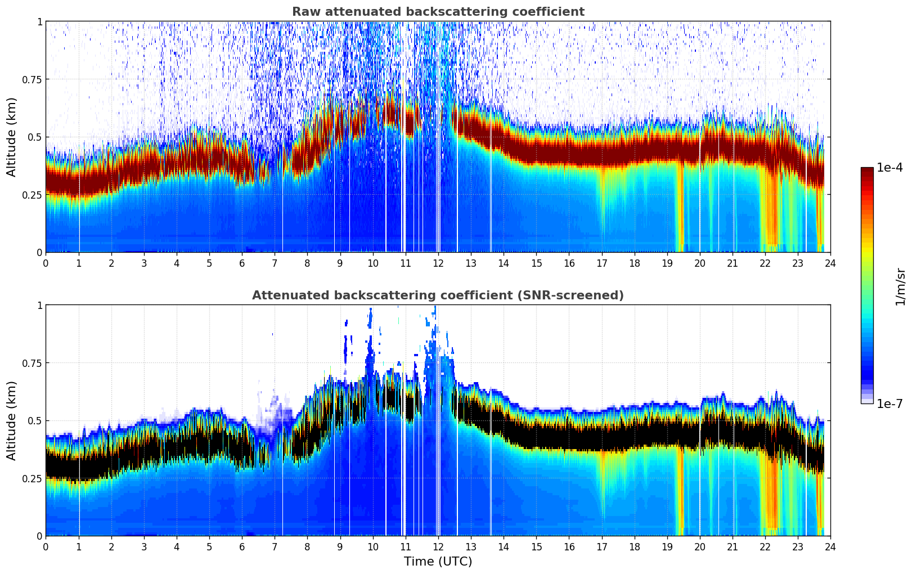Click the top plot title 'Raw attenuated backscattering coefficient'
[438, 12]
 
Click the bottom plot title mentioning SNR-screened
[438, 295]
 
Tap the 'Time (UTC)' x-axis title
[438, 562]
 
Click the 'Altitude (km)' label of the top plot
[12, 137]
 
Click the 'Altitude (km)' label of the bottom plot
[12, 420]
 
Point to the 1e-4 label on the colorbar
[889, 168]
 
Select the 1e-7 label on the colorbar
[889, 403]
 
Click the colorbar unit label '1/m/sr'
[900, 287]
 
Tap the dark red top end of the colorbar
[866, 171]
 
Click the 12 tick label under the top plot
[438, 263]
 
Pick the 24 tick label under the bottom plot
[830, 547]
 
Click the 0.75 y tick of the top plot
[32, 79]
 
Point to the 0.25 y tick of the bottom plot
[32, 478]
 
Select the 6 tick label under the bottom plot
[242, 547]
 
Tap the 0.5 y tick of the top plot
[35, 137]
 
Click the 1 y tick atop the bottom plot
[39, 306]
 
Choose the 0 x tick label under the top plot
[46, 263]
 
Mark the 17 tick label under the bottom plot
[601, 547]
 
